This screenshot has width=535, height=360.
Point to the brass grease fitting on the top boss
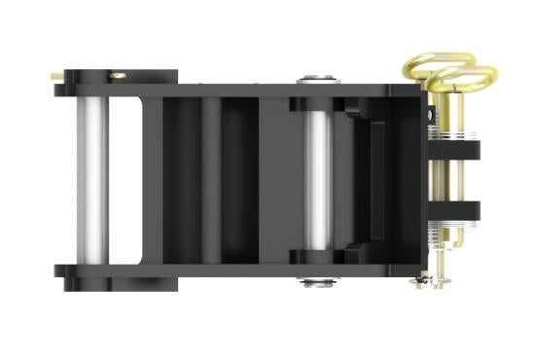pyautogui.click(x=117, y=73)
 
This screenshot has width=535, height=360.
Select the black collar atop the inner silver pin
pyautogui.click(x=317, y=104)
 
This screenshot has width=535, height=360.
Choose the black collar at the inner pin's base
pyautogui.click(x=317, y=258)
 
